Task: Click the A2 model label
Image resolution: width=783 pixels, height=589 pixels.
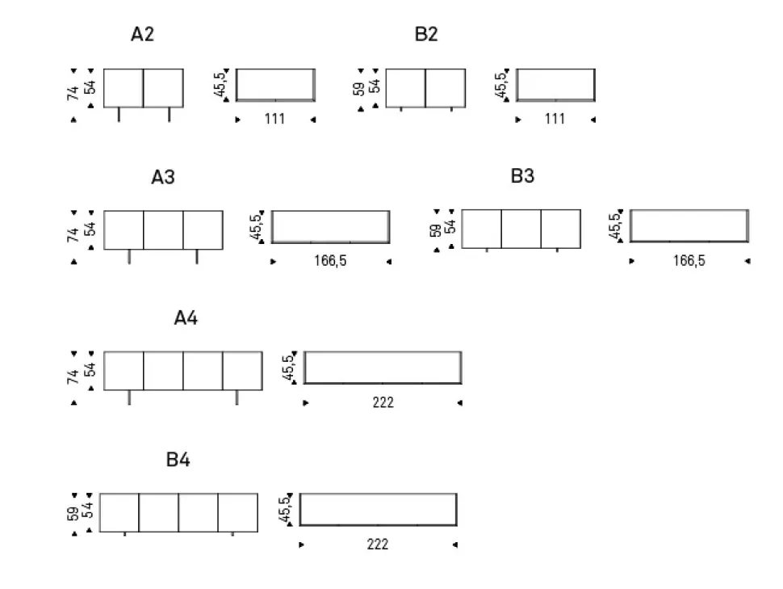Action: pos(142,35)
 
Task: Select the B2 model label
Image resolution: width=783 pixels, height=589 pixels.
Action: pos(426,35)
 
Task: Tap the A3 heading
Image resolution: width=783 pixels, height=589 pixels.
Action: pos(163,177)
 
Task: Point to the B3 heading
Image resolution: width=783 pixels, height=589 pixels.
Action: pos(522,176)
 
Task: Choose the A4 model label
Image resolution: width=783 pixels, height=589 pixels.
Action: pos(186,318)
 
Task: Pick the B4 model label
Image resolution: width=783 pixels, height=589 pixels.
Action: pos(178,461)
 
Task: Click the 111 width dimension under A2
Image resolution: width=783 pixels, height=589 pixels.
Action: pos(274,120)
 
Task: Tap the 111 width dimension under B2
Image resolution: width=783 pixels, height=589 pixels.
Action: pos(555,120)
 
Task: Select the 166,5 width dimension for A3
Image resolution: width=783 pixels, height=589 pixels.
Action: pos(331,261)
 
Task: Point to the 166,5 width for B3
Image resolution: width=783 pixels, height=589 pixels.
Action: pos(689,261)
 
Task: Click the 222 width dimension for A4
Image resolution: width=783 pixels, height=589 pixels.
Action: pos(383,402)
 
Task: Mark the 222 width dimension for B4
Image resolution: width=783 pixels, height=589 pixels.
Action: pos(377,545)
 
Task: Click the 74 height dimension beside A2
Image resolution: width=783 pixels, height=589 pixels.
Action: pos(73,93)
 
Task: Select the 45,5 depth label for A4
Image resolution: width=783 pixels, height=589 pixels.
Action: pos(288,368)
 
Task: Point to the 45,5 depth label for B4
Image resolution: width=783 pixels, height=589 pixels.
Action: pos(283,511)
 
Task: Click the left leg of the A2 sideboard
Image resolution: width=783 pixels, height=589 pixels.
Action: pos(119,115)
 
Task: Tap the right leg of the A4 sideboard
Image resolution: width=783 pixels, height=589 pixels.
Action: pos(237,397)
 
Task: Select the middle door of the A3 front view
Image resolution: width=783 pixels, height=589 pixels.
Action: pos(163,230)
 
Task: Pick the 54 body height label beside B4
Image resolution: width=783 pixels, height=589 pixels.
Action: pos(88,511)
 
